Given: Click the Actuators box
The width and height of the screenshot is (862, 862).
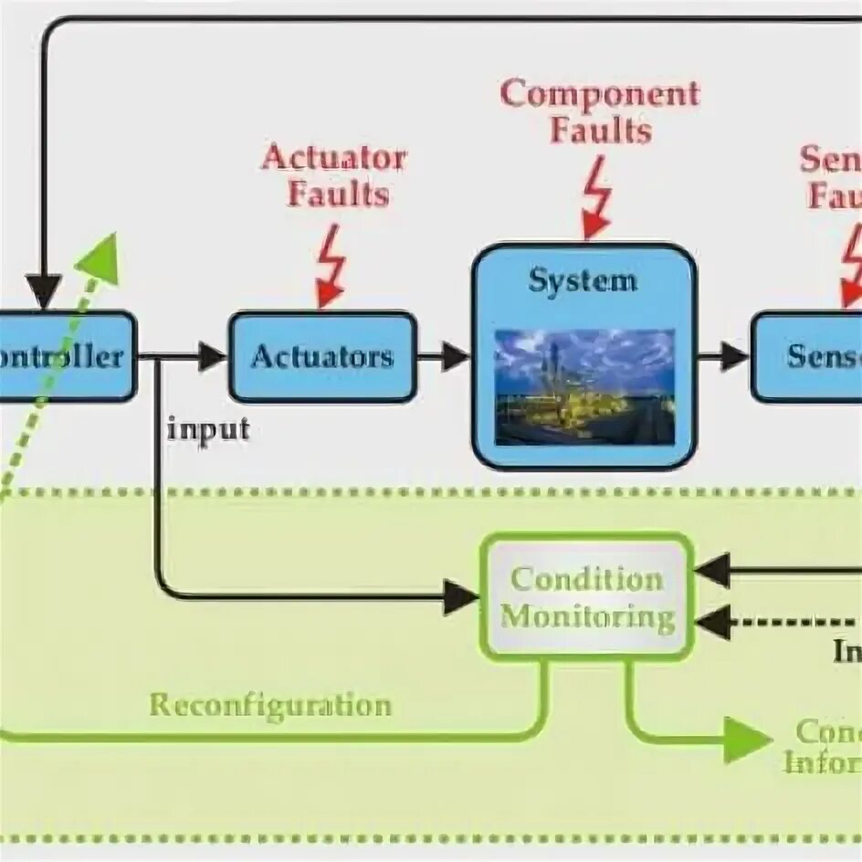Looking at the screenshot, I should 322,356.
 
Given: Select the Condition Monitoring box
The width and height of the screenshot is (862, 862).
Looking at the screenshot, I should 587,597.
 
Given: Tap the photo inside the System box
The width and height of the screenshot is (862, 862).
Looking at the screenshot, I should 584,386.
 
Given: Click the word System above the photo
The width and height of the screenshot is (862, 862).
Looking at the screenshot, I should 582,279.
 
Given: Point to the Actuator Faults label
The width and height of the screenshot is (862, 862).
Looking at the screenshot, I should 334,175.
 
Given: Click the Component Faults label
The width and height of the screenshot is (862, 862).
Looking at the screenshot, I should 600,111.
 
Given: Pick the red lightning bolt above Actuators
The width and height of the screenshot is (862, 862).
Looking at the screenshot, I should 331,266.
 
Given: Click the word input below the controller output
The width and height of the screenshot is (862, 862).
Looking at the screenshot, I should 208,428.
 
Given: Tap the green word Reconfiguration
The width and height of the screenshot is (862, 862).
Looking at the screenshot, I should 270,705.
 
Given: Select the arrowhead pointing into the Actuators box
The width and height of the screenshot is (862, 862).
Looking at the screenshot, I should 212,356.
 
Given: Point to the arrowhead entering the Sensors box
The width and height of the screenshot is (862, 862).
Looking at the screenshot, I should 734,356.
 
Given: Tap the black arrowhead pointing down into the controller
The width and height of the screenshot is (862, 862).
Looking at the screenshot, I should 43,292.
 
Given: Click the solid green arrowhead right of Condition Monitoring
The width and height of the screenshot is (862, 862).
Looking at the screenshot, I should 747,739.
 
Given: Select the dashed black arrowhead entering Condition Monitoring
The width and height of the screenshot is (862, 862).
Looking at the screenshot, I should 712,623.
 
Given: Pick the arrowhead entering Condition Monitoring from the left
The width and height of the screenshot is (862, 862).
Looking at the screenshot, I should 461,597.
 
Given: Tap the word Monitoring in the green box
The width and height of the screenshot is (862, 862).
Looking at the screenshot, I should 587,618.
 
